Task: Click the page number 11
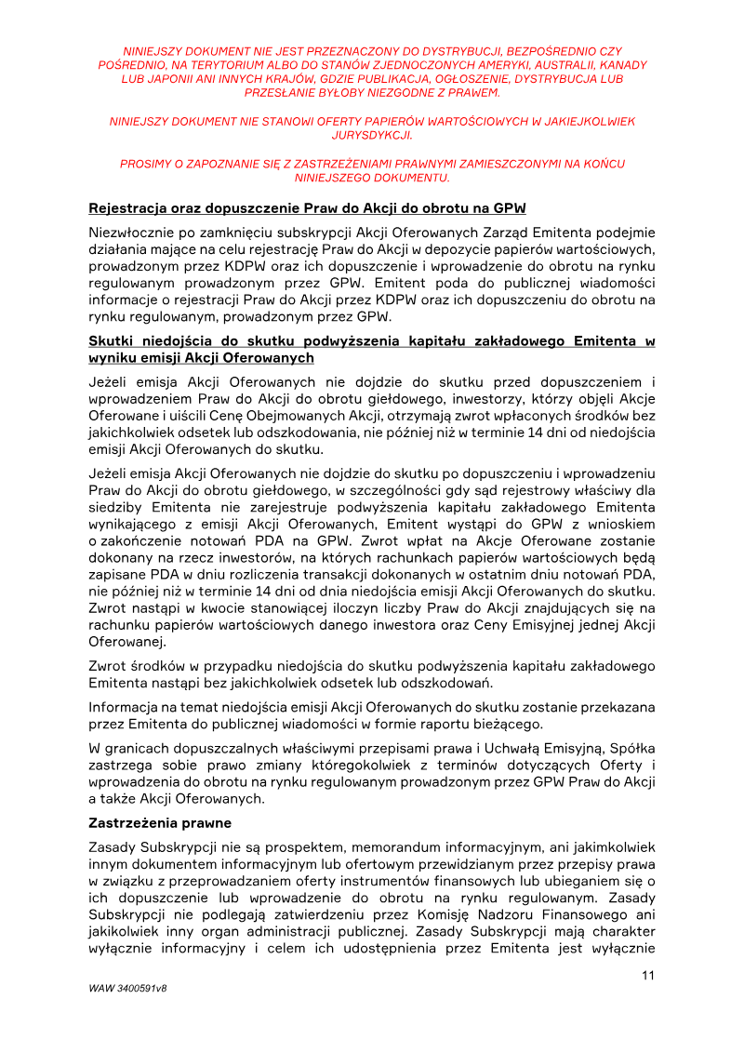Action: [x=648, y=975]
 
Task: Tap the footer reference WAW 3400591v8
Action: [x=127, y=988]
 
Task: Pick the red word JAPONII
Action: [x=172, y=79]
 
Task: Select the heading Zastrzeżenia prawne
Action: [x=160, y=823]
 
